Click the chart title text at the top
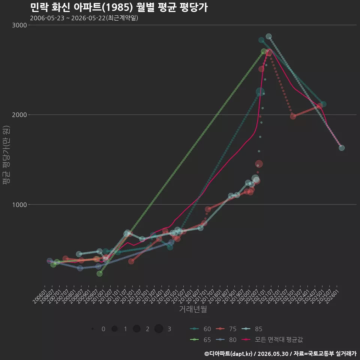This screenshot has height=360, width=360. tap(119, 7)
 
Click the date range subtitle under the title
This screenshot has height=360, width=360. tap(84, 18)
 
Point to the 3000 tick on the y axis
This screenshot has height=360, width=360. tap(19, 25)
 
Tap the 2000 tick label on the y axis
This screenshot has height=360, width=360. tap(19, 115)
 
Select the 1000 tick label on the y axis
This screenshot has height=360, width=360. tap(19, 205)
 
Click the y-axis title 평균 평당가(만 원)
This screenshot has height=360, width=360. tap(6, 155)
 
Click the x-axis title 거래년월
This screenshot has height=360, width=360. tap(193, 309)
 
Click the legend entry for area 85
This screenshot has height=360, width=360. tap(252, 329)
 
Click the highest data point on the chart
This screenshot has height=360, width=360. tap(268, 36)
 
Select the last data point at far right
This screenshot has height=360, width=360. tap(342, 148)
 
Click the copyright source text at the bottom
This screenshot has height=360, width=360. tap(280, 354)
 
